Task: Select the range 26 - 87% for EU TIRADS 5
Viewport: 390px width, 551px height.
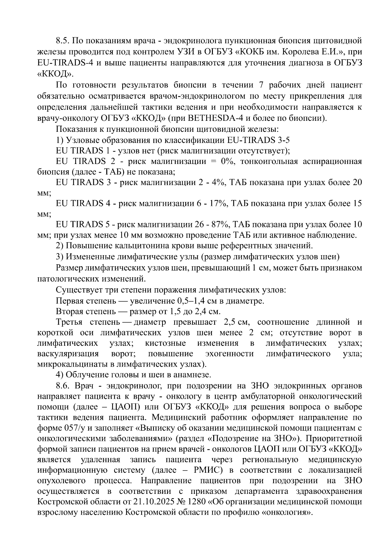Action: tap(213, 225)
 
